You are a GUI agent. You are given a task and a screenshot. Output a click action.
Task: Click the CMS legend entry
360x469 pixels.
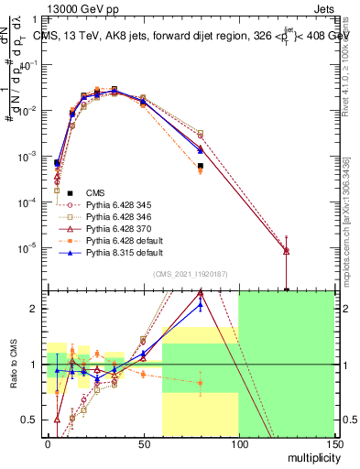[x=96, y=191]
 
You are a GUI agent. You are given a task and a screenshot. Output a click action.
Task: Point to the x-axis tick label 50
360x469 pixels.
[x=143, y=443]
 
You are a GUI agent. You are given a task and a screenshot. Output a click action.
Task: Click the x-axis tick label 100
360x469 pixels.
[x=238, y=443]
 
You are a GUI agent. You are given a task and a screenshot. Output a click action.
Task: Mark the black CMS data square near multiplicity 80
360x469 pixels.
[x=200, y=166]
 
